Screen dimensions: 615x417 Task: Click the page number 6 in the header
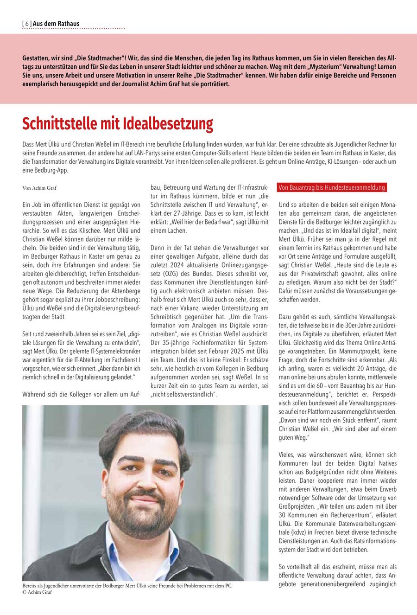click(x=27, y=24)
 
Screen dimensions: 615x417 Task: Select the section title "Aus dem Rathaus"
click(x=56, y=24)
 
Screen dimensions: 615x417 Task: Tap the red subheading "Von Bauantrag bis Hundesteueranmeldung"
click(x=332, y=187)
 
